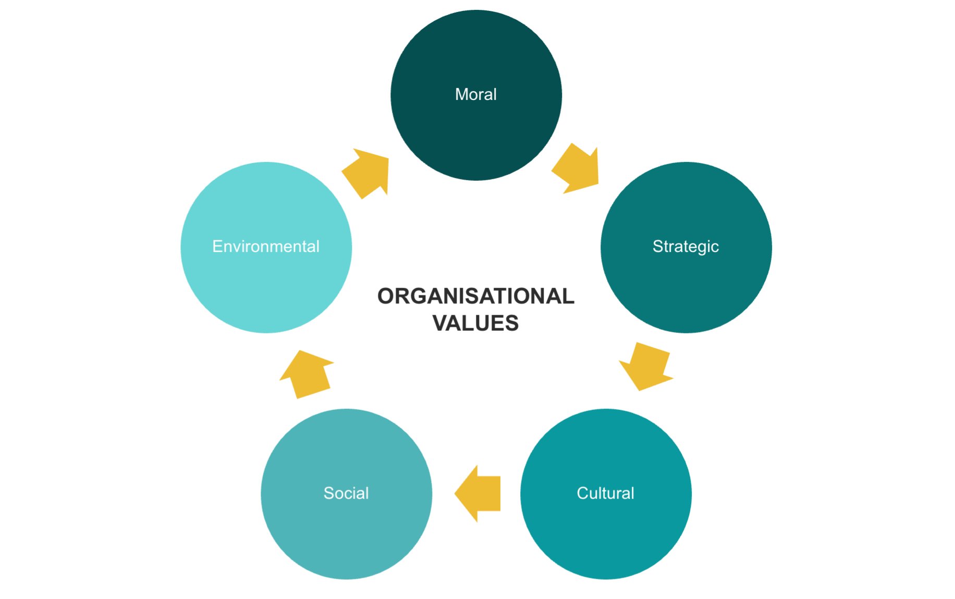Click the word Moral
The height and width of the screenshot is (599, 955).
475,94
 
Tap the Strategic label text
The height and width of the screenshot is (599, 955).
685,246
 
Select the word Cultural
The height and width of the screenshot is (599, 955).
605,493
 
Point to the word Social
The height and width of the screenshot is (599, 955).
346,493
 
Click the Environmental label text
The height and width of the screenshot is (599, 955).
266,246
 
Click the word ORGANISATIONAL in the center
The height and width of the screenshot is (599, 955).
475,296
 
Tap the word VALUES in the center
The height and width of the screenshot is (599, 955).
475,323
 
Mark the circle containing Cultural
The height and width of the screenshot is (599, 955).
606,531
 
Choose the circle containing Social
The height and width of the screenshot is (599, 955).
346,531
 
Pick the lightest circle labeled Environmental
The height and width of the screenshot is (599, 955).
266,286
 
